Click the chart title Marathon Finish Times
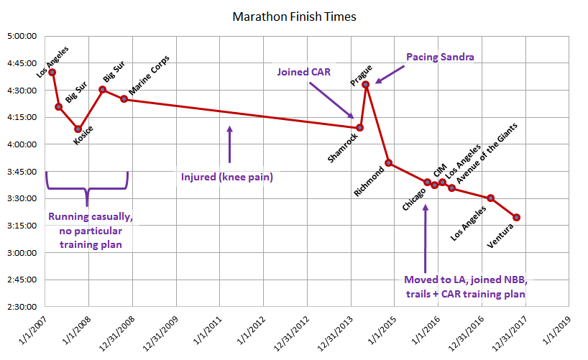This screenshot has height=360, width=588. click(294, 15)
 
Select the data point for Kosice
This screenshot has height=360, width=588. click(78, 129)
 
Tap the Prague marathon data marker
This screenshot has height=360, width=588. click(366, 84)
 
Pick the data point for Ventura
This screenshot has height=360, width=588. click(517, 217)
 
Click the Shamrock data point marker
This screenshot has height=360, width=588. click(360, 128)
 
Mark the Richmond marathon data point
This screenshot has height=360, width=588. click(388, 163)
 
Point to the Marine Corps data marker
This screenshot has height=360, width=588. click(124, 99)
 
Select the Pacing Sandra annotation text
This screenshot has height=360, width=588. click(440, 56)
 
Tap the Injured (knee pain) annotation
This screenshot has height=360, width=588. click(227, 175)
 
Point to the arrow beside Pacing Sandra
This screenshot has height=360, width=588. click(385, 74)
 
